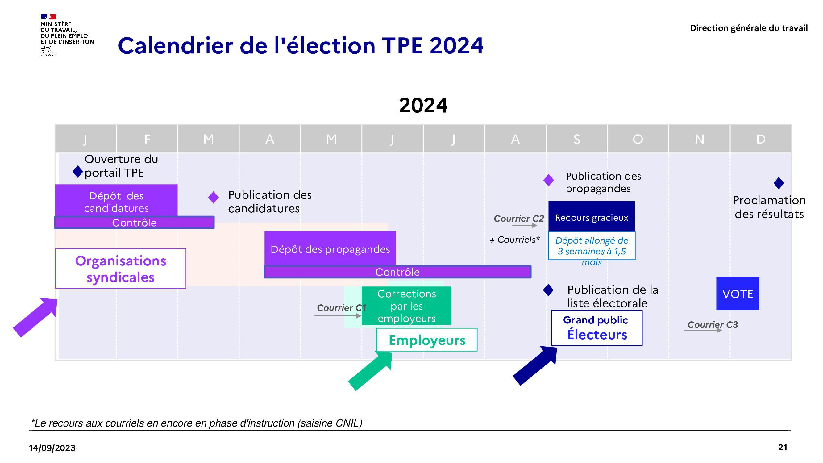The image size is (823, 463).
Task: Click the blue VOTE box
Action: point(738,293)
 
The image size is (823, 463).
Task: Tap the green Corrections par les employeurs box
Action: point(406,306)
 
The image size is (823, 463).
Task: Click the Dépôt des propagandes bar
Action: point(330,248)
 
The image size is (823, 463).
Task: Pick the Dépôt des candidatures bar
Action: point(116,200)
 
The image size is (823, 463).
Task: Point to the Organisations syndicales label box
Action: point(120,269)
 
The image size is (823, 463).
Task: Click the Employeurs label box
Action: point(427,340)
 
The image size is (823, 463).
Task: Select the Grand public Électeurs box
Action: point(597,328)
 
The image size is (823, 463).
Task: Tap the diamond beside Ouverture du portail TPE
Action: point(78,172)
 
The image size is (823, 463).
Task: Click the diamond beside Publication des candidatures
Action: point(214,198)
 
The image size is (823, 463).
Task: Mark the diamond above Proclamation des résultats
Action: point(779,183)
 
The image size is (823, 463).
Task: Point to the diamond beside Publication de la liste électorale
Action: point(548,290)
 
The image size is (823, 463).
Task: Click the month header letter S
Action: point(577,139)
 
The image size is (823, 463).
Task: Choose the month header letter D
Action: point(761,139)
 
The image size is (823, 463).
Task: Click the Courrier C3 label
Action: point(713,325)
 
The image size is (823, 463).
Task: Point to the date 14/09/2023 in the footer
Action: point(52,448)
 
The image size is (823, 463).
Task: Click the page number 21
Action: point(783,447)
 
